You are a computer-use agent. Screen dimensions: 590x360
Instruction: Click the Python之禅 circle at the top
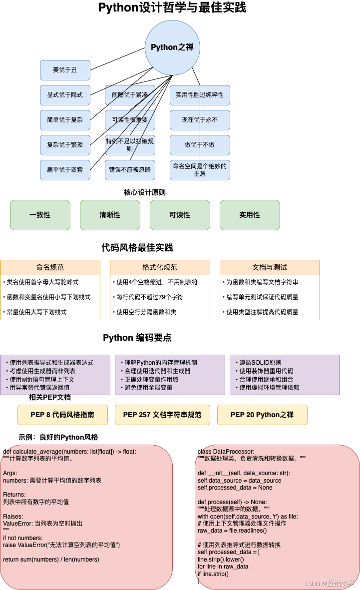[172, 47]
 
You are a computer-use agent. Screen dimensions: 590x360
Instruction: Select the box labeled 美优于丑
[65, 70]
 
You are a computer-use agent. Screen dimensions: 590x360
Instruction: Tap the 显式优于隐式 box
[65, 95]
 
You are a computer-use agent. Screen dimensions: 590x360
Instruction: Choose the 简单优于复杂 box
[65, 120]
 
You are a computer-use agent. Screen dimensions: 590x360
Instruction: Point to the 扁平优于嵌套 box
[65, 170]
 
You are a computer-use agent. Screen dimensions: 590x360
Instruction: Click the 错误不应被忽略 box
[130, 170]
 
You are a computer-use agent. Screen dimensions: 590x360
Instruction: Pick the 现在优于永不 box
[200, 120]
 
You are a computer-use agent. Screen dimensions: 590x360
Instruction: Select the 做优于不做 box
[200, 145]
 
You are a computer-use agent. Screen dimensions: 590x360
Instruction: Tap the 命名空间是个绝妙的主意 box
[200, 170]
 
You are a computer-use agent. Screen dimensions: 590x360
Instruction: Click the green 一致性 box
[40, 215]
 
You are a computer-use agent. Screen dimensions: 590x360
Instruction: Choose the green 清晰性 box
[110, 215]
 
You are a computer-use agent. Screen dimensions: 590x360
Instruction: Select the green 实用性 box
[250, 215]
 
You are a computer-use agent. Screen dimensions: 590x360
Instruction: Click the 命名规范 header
[50, 267]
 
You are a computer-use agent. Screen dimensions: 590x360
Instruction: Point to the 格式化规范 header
[160, 267]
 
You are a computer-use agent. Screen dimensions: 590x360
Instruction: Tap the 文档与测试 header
[270, 267]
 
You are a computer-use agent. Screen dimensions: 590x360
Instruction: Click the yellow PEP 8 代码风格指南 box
[62, 415]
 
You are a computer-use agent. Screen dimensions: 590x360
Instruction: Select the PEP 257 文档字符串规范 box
[162, 415]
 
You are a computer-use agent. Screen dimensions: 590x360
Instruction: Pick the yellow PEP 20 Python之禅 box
[262, 415]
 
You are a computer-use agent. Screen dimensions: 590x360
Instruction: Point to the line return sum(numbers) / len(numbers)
[51, 559]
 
